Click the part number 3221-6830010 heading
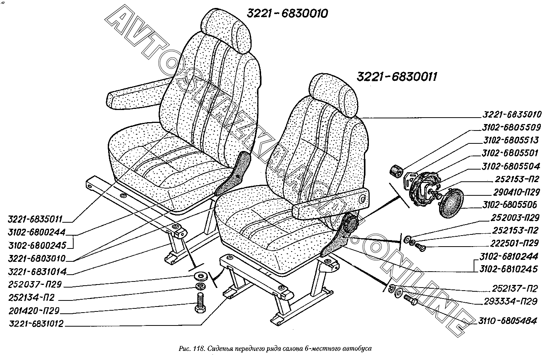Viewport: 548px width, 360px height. click(x=287, y=14)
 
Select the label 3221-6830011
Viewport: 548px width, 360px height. click(x=397, y=77)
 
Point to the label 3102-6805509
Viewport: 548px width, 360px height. click(x=511, y=127)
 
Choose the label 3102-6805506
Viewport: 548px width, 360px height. click(x=510, y=205)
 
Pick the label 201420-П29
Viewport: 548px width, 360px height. click(x=34, y=311)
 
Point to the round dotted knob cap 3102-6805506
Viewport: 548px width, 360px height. click(x=452, y=204)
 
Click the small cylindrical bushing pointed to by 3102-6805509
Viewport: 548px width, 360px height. click(x=397, y=171)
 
